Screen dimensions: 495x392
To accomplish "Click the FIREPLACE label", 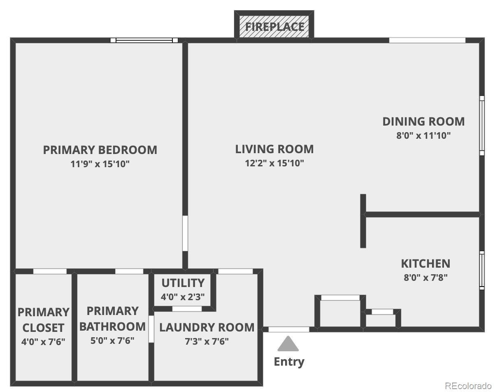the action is (x=275, y=27).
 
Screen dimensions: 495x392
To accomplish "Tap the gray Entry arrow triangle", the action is (x=288, y=344).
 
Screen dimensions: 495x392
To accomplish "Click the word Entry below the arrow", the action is (x=289, y=362).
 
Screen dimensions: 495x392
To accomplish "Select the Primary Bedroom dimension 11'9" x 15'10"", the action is (x=100, y=164).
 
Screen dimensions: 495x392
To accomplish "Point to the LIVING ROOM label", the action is (x=274, y=149).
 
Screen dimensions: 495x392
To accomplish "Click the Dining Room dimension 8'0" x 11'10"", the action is (x=423, y=135).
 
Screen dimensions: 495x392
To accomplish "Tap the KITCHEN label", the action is (x=426, y=264).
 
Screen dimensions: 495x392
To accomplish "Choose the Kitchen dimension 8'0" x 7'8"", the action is (x=426, y=278).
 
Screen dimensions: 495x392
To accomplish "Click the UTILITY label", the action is (x=183, y=283).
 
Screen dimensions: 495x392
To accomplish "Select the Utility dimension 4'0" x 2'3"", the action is (x=183, y=297).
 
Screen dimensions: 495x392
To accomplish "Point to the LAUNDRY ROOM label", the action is (x=207, y=327).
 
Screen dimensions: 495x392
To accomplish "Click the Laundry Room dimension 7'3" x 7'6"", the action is (x=207, y=341).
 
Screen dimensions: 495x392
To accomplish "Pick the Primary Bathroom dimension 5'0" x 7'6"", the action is (x=112, y=341).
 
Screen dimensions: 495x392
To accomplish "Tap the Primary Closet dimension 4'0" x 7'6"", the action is (x=43, y=342).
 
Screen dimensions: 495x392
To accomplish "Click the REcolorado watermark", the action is (x=469, y=385).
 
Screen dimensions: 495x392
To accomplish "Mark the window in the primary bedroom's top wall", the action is (x=144, y=40).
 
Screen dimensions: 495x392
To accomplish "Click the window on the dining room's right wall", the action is (x=482, y=126).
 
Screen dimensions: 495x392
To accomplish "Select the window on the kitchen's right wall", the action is (x=482, y=270).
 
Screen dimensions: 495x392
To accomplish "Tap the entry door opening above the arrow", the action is (x=289, y=329).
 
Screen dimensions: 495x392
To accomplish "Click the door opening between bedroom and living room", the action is (x=185, y=233).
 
